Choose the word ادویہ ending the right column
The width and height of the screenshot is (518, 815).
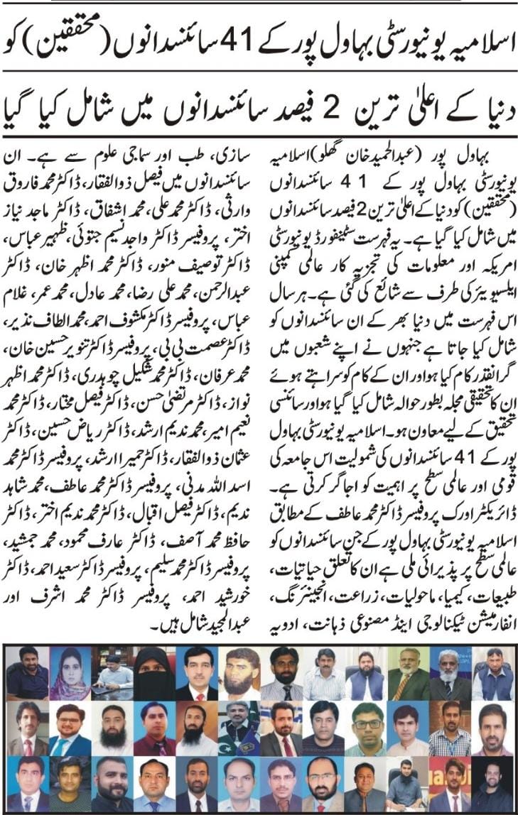[x=288, y=607]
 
